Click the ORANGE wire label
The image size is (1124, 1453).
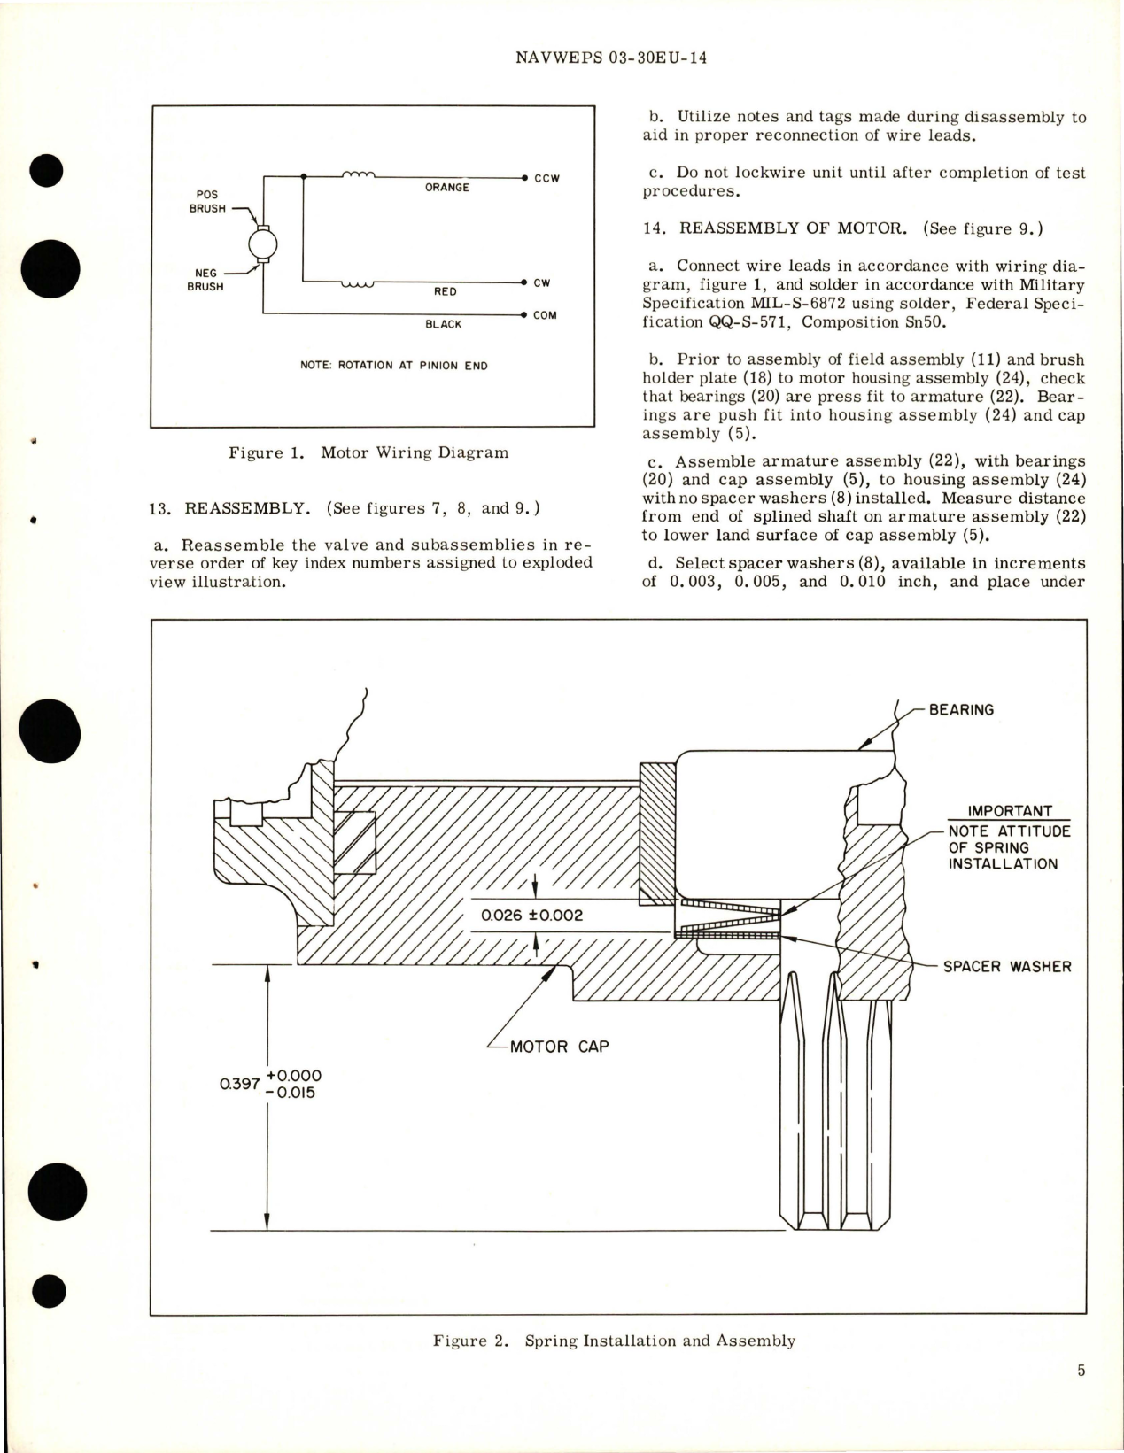point(446,188)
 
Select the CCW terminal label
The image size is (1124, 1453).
point(546,178)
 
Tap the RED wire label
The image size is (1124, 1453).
point(446,291)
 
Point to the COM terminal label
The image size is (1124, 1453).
point(545,315)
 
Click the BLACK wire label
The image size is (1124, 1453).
point(443,324)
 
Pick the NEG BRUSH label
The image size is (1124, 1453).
point(205,280)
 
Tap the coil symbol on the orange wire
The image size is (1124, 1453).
point(359,175)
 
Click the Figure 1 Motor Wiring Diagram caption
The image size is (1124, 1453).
point(368,452)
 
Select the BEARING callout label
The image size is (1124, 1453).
point(961,709)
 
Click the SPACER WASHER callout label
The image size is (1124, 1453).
point(1006,966)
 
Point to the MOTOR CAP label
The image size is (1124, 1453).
point(559,1047)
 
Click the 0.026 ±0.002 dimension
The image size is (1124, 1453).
point(531,916)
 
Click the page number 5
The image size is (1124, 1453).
point(1081,1371)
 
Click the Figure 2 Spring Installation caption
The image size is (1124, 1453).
point(614,1341)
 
